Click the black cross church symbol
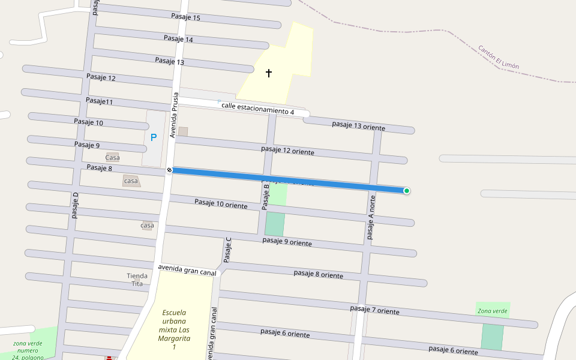pyautogui.click(x=269, y=73)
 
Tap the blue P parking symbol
pyautogui.click(x=154, y=137)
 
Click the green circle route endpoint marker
pyautogui.click(x=407, y=191)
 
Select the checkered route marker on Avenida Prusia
pyautogui.click(x=170, y=170)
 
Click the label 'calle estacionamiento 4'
pyautogui.click(x=257, y=109)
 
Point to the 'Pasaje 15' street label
pyautogui.click(x=185, y=17)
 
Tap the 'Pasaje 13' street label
pyautogui.click(x=169, y=61)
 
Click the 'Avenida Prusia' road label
pyautogui.click(x=173, y=115)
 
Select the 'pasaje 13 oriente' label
pyautogui.click(x=358, y=125)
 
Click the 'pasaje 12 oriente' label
pyautogui.click(x=287, y=150)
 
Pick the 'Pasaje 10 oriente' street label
pyautogui.click(x=221, y=204)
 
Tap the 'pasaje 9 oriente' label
pyautogui.click(x=287, y=242)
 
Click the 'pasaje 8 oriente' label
pyautogui.click(x=318, y=274)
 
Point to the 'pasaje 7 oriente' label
pyautogui.click(x=374, y=310)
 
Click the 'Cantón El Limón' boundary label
pyautogui.click(x=499, y=57)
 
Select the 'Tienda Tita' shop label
pyautogui.click(x=137, y=280)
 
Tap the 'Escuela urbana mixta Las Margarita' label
pyautogui.click(x=174, y=329)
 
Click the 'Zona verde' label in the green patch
pyautogui.click(x=493, y=311)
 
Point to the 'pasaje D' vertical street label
pyautogui.click(x=76, y=205)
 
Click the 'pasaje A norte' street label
pyautogui.click(x=371, y=217)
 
